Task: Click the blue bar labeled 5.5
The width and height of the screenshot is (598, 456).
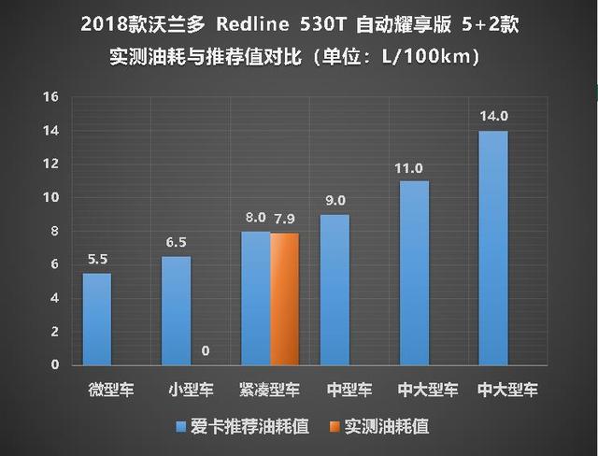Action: click(97, 319)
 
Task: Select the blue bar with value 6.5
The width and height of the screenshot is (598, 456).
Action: click(176, 310)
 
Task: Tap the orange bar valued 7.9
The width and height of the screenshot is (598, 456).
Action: click(284, 299)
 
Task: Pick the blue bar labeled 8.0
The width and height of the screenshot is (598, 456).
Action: click(255, 298)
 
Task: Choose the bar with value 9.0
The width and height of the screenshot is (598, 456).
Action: click(335, 290)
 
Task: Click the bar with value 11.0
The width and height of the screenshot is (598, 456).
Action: click(414, 273)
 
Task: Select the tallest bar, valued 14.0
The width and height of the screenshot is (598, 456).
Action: click(493, 248)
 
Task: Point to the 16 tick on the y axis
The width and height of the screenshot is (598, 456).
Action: click(51, 97)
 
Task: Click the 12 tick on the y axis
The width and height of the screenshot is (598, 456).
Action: click(51, 164)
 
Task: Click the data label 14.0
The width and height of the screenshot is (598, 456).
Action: click(493, 119)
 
